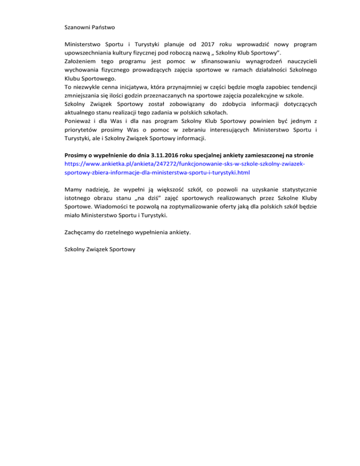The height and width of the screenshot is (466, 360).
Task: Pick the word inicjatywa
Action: [x=146, y=88]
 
